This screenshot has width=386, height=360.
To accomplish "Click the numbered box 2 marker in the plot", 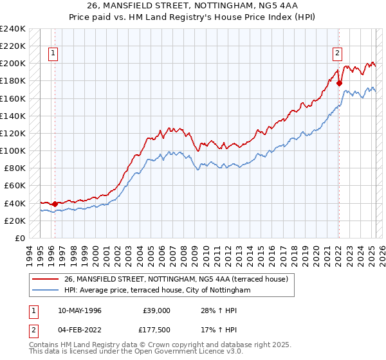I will [x=337, y=53].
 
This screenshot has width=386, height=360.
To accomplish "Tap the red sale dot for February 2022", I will [x=339, y=83].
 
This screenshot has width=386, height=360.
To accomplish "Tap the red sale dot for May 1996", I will [x=55, y=204].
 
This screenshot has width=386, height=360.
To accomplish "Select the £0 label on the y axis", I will [x=20, y=238].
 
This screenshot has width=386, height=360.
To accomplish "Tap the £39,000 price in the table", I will [x=156, y=310].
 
